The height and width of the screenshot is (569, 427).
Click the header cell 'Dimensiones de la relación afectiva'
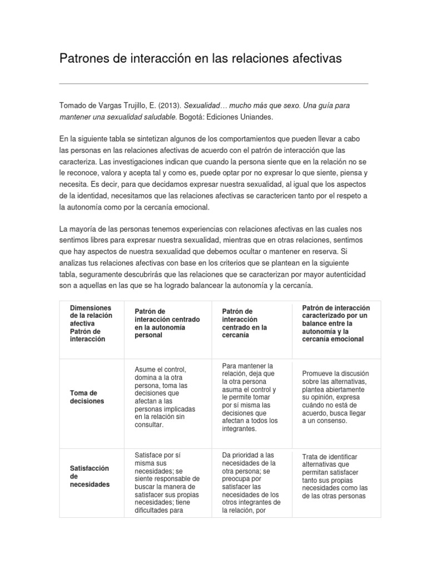[91, 323]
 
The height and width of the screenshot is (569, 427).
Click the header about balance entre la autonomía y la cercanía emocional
[335, 323]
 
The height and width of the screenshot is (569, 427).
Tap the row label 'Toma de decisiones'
[86, 397]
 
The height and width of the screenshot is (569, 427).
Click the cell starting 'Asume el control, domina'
[165, 397]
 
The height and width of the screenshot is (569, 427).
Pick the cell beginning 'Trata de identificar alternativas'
[335, 476]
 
